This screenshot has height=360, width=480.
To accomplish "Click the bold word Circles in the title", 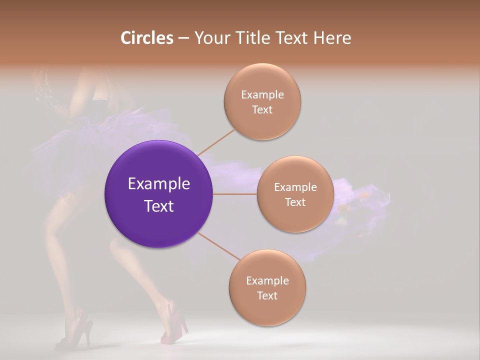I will click(x=146, y=38).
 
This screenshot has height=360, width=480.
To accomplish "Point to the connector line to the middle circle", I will click(x=235, y=194).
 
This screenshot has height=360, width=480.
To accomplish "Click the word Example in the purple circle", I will click(x=158, y=184).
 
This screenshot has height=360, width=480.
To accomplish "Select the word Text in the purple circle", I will click(x=158, y=206).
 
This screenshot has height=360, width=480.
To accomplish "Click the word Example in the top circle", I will click(x=262, y=95).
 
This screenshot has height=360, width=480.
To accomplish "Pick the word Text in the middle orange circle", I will click(x=295, y=202).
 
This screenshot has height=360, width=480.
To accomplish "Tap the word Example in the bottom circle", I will click(x=267, y=281).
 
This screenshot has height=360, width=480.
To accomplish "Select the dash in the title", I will click(x=183, y=38).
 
